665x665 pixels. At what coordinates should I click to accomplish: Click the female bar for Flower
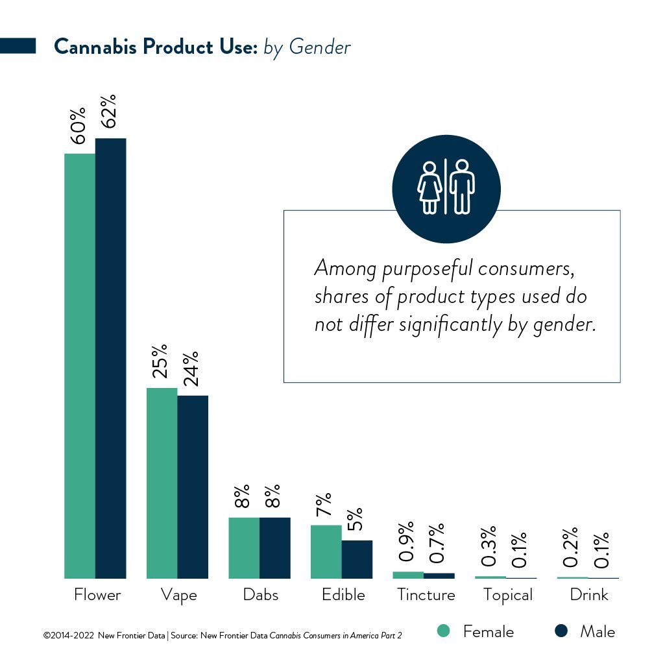click(x=80, y=366)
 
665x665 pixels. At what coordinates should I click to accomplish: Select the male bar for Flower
click(x=111, y=358)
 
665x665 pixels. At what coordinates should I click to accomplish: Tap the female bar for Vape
click(x=162, y=483)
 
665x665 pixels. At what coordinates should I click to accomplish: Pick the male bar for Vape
click(x=193, y=487)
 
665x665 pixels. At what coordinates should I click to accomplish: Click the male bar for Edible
click(x=357, y=559)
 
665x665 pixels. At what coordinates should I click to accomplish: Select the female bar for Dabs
click(x=245, y=548)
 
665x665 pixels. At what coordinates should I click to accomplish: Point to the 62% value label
click(x=108, y=112)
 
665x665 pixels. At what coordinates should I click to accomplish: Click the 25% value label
click(x=160, y=361)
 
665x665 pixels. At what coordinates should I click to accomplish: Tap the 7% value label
click(x=324, y=505)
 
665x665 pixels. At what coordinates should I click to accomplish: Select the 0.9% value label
click(x=406, y=542)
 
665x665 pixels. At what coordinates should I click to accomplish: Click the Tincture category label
click(x=426, y=594)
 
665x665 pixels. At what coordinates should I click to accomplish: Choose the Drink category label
click(x=589, y=594)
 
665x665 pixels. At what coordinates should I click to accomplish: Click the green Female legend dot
click(x=443, y=631)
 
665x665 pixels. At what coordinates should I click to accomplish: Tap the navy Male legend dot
click(x=561, y=631)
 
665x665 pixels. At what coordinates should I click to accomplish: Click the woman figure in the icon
click(x=429, y=187)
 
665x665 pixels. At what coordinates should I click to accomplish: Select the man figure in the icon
click(x=462, y=187)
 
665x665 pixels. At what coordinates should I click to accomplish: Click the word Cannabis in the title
click(x=95, y=46)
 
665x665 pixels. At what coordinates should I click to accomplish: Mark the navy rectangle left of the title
click(x=18, y=46)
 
